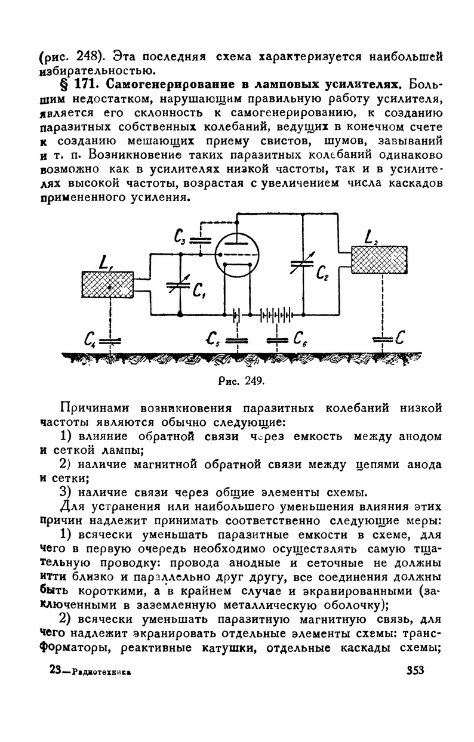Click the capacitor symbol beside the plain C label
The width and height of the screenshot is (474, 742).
coord(381,340)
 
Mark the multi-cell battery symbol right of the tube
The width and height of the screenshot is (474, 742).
coord(277,313)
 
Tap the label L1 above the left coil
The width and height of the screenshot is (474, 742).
coord(107,262)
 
